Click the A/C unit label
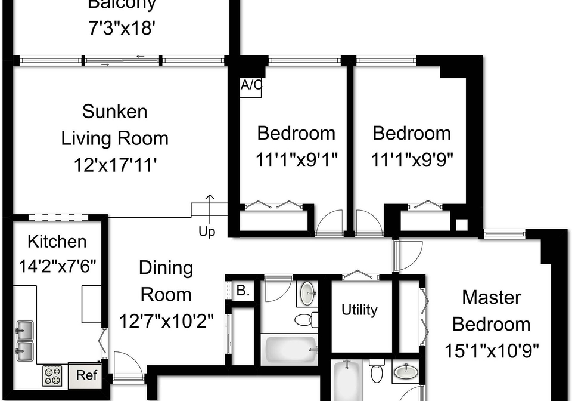pos(251,85)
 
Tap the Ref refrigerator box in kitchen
pos(86,375)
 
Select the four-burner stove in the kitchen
pos(52,376)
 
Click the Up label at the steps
pos(207,232)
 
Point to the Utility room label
pos(359,310)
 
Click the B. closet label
pos(243,291)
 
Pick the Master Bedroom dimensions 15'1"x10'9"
pos(492,351)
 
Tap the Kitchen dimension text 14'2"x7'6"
pos(57,266)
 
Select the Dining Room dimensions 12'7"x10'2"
pos(166,322)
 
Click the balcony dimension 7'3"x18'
pos(122,28)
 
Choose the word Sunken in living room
pos(114,112)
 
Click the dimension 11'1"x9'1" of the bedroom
pos(296,159)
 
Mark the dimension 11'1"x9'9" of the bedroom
pos(412,159)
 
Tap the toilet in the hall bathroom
pos(306,320)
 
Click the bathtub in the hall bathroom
pos(291,350)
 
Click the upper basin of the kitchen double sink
pos(25,330)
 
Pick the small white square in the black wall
pos(461,224)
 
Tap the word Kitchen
pos(57,242)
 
